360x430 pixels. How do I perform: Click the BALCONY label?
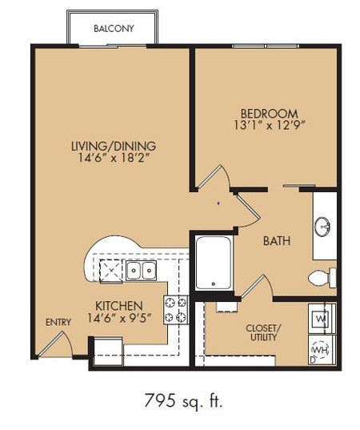(114, 29)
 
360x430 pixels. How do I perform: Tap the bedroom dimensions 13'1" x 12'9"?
(270, 126)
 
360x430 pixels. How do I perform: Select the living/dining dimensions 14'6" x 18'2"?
(114, 158)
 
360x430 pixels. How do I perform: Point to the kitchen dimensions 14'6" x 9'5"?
(119, 318)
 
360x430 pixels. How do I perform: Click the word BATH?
(277, 241)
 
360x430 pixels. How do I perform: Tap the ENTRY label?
(58, 323)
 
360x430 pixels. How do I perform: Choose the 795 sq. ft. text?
(183, 400)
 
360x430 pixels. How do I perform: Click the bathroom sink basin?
(322, 227)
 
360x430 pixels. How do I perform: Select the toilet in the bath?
(322, 278)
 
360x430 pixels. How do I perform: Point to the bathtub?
(214, 263)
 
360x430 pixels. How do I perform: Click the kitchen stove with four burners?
(176, 310)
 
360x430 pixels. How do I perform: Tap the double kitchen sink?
(141, 271)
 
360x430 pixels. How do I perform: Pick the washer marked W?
(322, 319)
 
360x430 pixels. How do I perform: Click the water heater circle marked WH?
(320, 350)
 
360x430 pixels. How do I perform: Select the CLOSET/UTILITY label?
(263, 332)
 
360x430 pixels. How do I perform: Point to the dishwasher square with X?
(111, 271)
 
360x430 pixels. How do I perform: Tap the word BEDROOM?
(269, 114)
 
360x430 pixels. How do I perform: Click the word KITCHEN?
(119, 306)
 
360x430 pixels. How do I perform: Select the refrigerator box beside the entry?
(108, 352)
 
